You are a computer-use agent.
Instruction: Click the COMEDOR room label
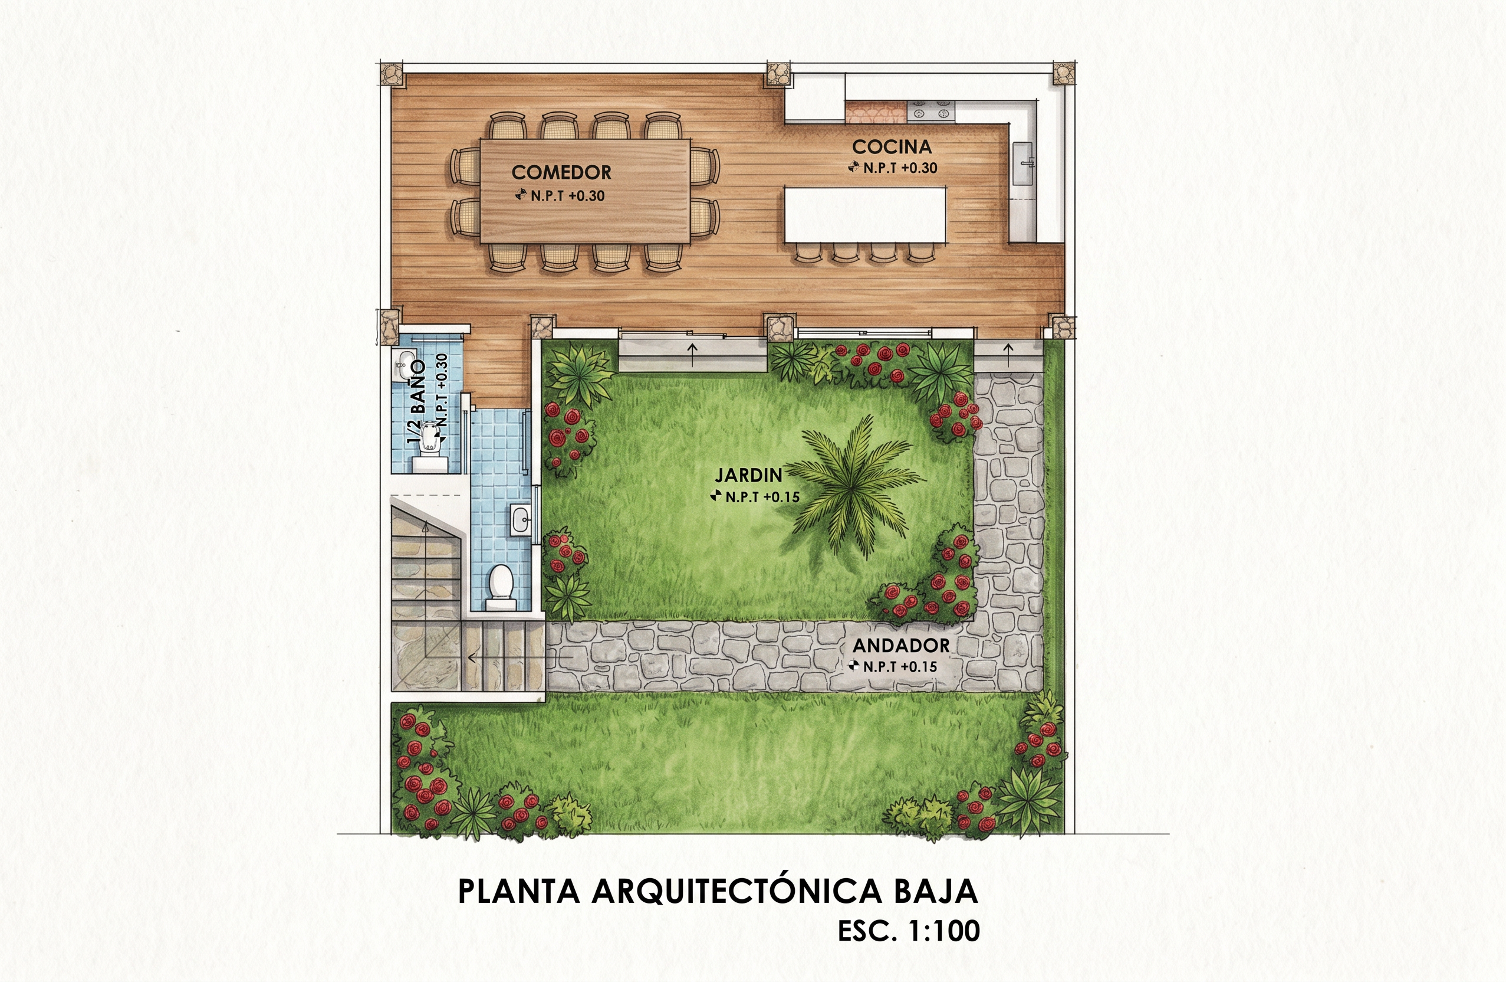coord(561,172)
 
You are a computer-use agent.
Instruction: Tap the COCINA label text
coord(892,147)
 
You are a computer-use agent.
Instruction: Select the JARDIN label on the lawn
coord(748,475)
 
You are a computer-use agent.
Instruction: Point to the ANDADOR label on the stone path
coord(901,646)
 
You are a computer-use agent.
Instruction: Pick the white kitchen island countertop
coord(865,215)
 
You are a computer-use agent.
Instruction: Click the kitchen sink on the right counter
coord(1022,163)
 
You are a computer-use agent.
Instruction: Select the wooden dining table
coord(585,191)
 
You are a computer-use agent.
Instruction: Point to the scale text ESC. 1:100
coord(909,931)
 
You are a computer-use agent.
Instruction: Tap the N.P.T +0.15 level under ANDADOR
coord(893,667)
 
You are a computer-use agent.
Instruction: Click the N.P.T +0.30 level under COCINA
coord(893,168)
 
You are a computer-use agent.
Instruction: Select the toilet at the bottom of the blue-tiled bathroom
coord(501,588)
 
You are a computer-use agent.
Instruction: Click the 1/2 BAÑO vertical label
coord(416,402)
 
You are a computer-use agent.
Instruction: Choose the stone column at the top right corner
coord(1064,74)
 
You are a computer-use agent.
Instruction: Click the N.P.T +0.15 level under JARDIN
coord(756,497)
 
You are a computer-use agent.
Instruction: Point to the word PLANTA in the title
coord(519,891)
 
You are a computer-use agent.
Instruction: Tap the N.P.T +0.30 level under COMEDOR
coord(560,196)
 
